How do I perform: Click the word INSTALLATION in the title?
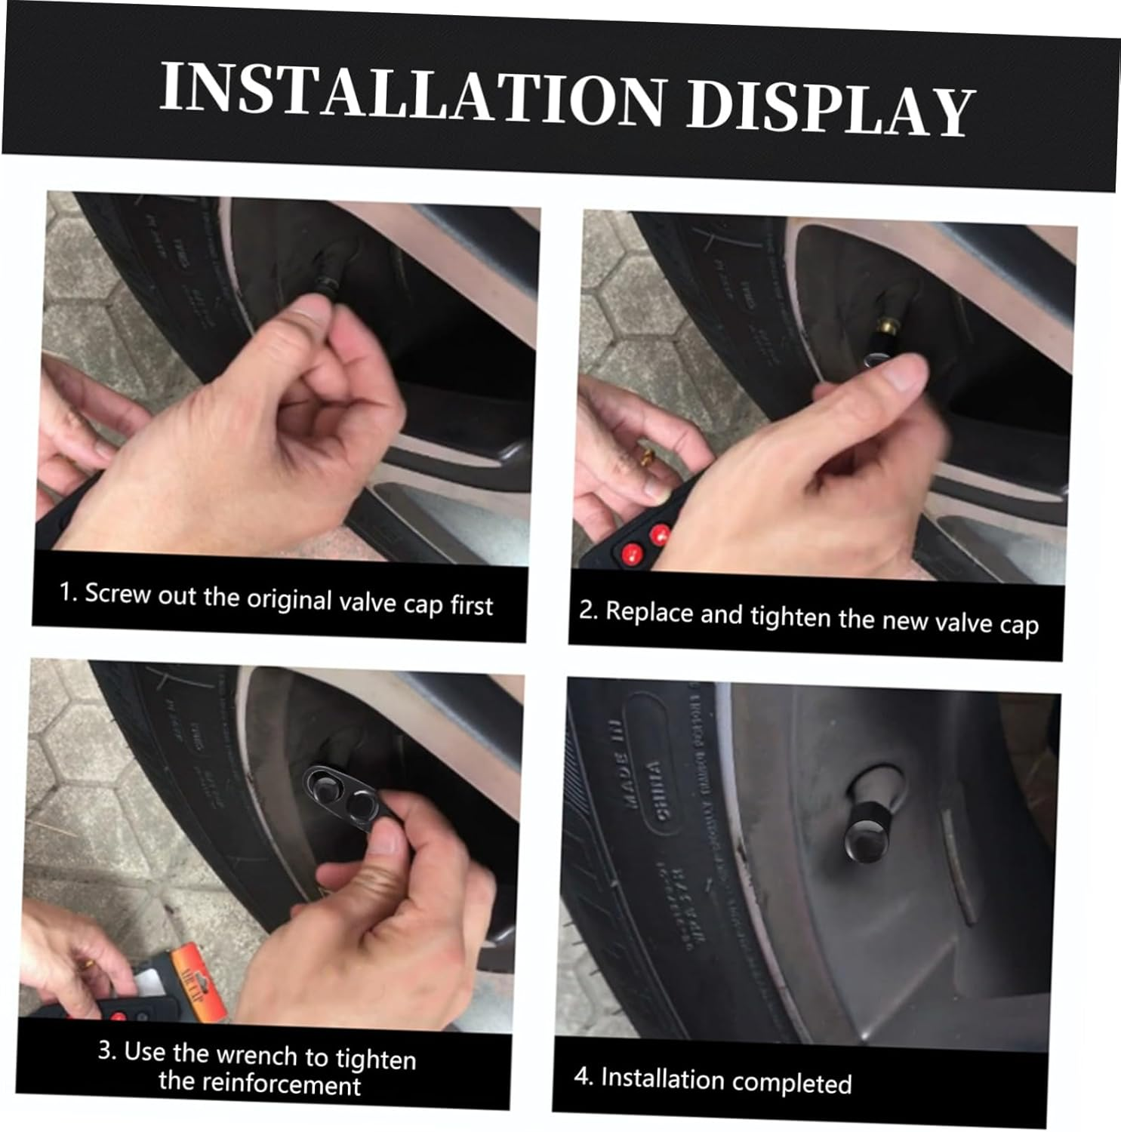pyautogui.click(x=411, y=94)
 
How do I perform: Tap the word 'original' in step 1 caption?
pyautogui.click(x=290, y=598)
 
